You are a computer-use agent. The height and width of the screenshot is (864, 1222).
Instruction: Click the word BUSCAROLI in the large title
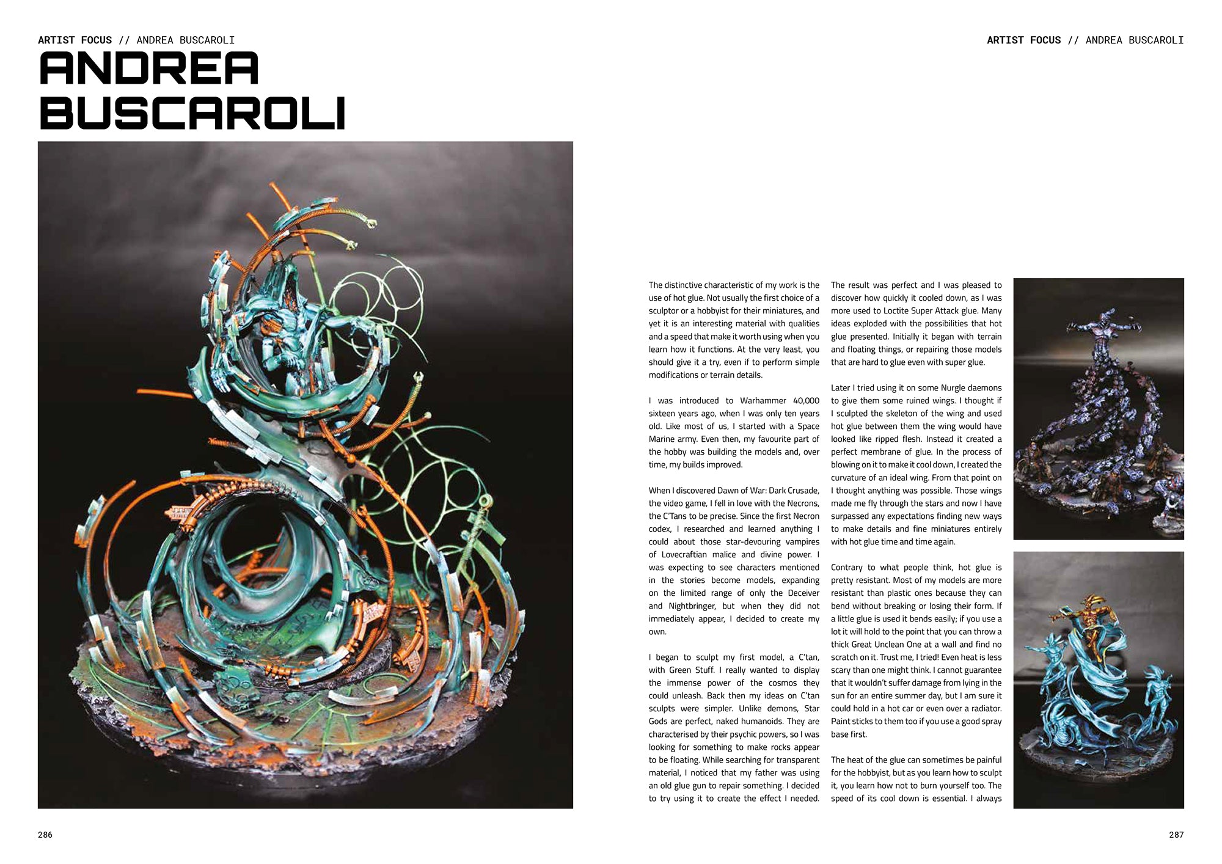[x=192, y=114]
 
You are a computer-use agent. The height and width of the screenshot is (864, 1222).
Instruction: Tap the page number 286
[x=45, y=835]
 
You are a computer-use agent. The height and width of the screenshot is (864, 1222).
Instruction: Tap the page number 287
[x=1176, y=835]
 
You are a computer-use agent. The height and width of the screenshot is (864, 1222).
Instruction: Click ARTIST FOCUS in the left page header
[x=75, y=40]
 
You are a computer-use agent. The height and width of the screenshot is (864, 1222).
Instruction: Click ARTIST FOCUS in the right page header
[x=1023, y=40]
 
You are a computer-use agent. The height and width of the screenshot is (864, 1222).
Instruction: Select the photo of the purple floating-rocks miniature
[x=1098, y=408]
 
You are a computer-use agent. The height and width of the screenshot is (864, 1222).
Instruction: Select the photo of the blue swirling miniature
[x=1098, y=679]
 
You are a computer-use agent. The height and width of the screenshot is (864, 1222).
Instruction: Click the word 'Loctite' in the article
[x=898, y=311]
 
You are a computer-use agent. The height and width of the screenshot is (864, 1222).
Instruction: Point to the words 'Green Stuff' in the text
[x=692, y=670]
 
